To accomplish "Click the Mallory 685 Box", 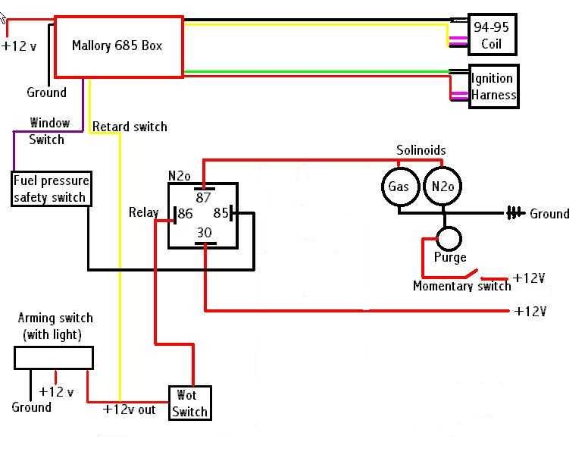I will click(117, 46).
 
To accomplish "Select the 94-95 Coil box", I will click(491, 35).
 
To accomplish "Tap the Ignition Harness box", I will click(493, 86).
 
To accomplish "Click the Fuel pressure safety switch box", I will click(52, 189).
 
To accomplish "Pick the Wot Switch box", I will click(189, 403).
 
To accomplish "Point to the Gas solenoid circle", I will click(399, 187).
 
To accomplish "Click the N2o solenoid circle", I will click(442, 187).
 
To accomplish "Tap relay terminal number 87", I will click(203, 197).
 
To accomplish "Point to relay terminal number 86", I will click(184, 215).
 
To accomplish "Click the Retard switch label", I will click(130, 127).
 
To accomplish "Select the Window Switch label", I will click(48, 131).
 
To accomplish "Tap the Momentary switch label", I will click(461, 286).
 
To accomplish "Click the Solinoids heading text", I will click(421, 150).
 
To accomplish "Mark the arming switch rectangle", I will click(54, 358).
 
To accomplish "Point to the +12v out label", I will click(129, 409).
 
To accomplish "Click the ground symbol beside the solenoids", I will click(515, 213).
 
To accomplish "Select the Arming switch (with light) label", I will click(55, 326).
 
